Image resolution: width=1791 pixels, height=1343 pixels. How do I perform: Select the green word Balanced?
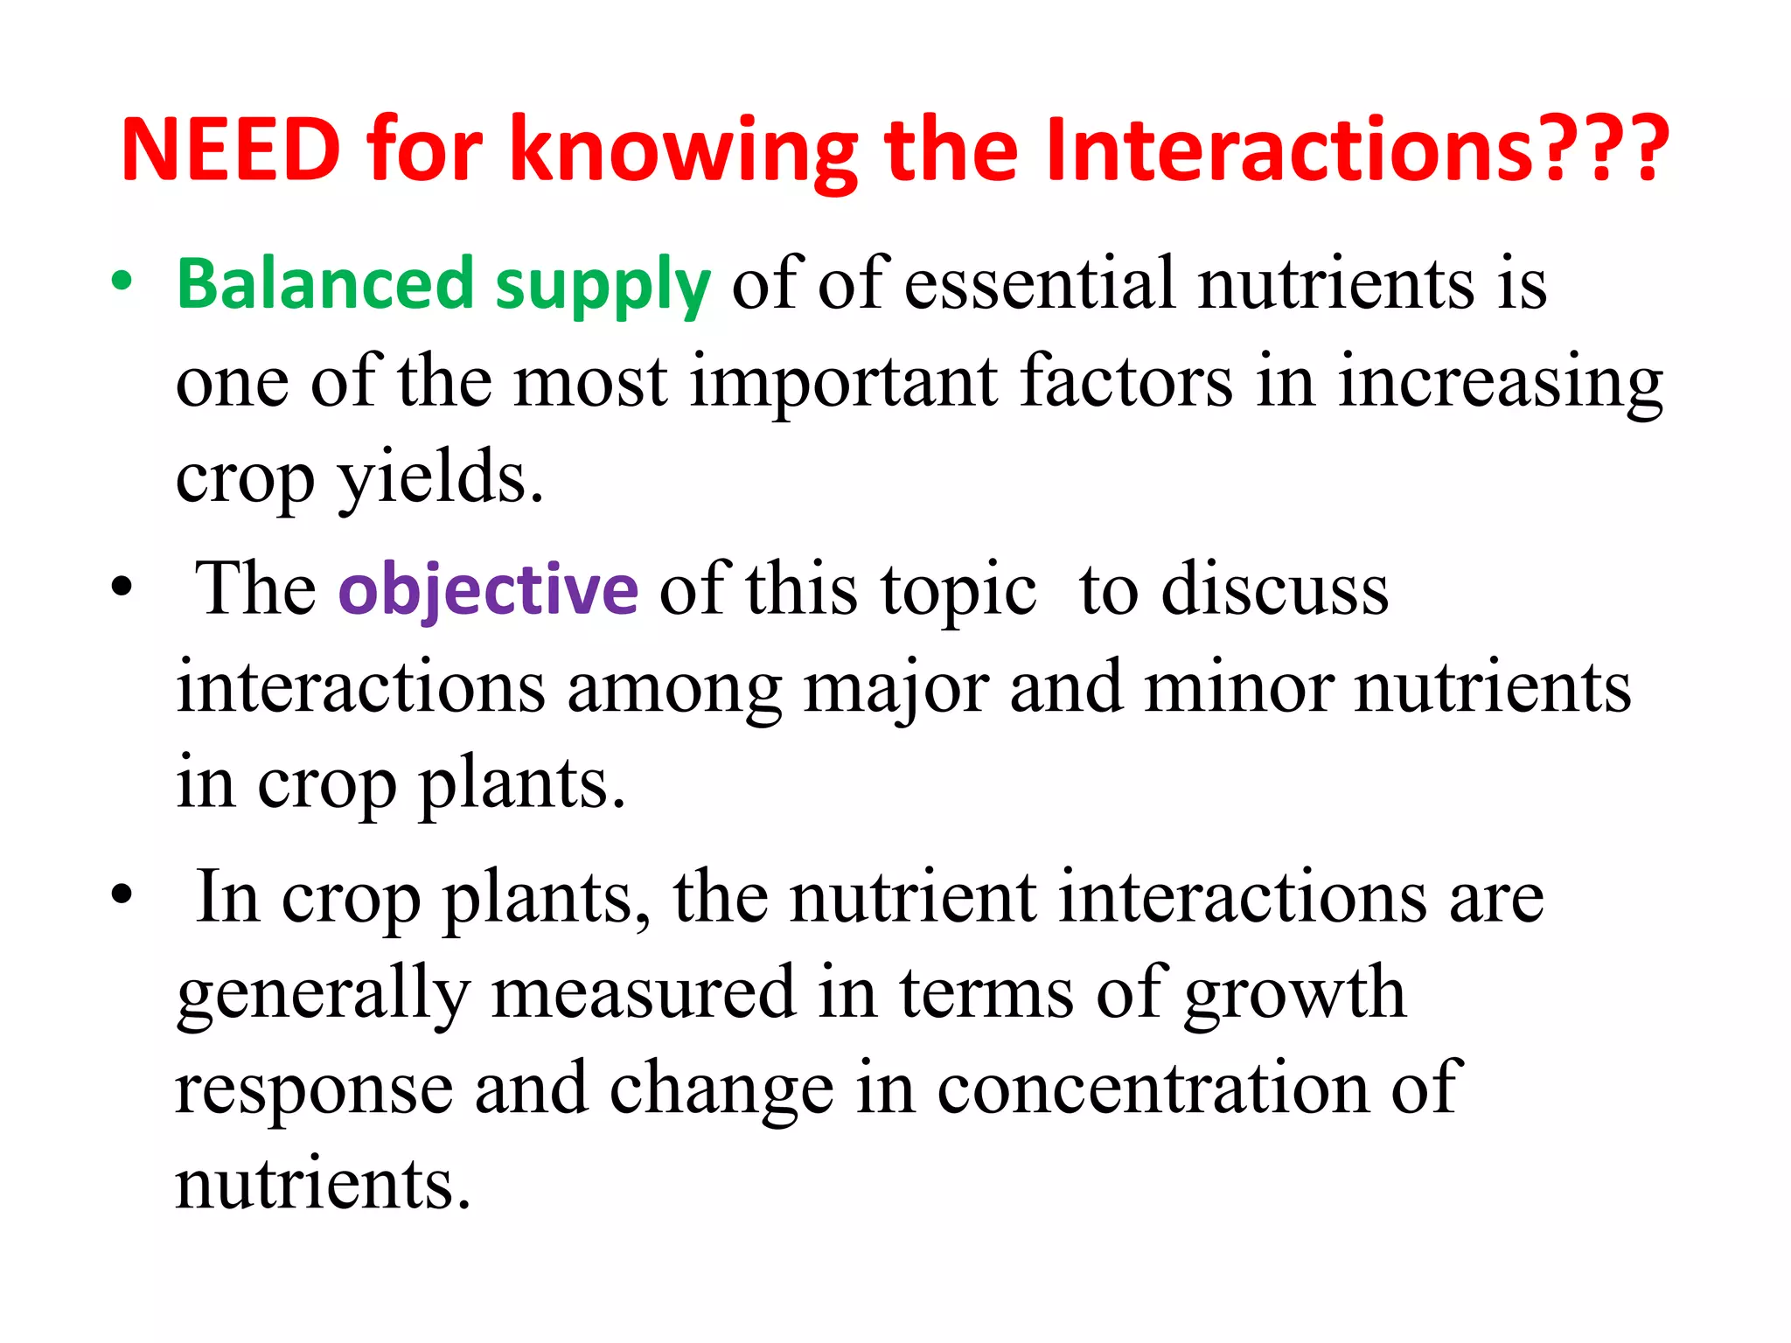(x=324, y=284)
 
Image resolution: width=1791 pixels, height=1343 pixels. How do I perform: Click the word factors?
(x=1126, y=381)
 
